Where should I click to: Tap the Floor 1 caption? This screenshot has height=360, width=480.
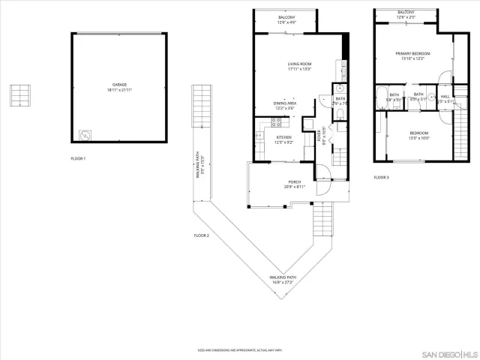[79, 159]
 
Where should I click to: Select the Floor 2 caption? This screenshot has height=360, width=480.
[201, 235]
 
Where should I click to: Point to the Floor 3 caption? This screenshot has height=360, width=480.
[382, 178]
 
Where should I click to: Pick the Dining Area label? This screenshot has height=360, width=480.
[285, 106]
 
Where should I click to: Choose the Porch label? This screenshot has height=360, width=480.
[295, 184]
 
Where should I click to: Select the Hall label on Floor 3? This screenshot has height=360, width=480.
[445, 97]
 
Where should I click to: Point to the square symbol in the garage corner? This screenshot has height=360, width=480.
[85, 136]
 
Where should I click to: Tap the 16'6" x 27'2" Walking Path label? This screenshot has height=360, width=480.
[283, 280]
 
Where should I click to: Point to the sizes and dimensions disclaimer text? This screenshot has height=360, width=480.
[239, 349]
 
